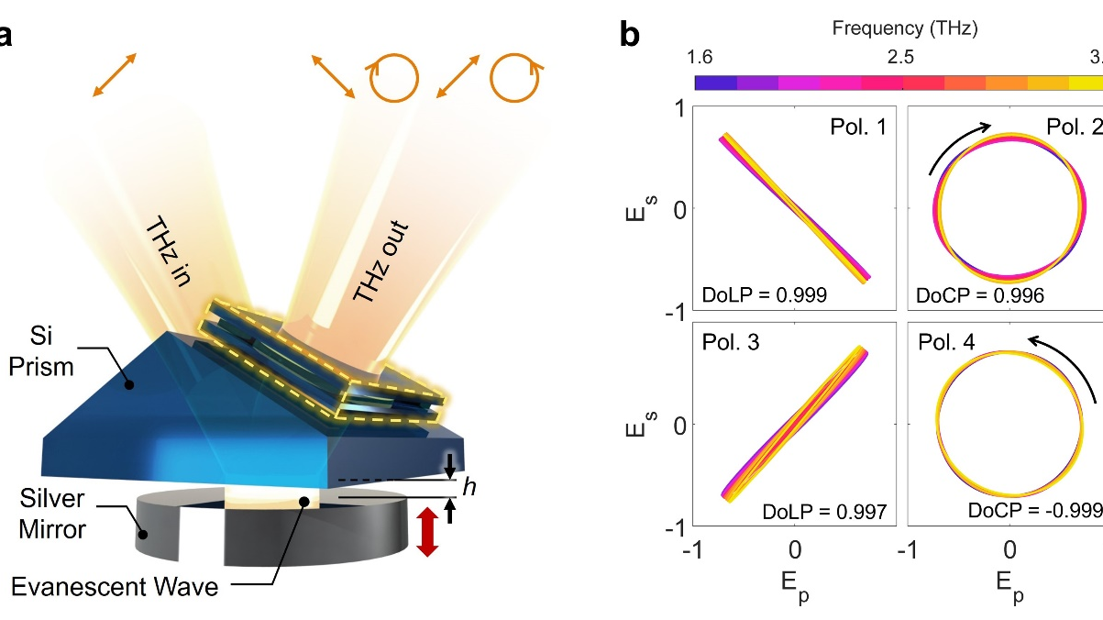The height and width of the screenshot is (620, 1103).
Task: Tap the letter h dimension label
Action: pyautogui.click(x=469, y=488)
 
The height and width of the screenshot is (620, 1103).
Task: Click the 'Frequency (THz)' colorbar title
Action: pyautogui.click(x=905, y=28)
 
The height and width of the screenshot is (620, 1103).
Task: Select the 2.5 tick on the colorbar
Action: pyautogui.click(x=901, y=57)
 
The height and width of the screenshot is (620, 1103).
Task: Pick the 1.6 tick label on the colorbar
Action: pyautogui.click(x=700, y=57)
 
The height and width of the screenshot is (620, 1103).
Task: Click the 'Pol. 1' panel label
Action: pyautogui.click(x=852, y=127)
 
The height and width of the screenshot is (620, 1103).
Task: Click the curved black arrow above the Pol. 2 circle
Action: pyautogui.click(x=959, y=142)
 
